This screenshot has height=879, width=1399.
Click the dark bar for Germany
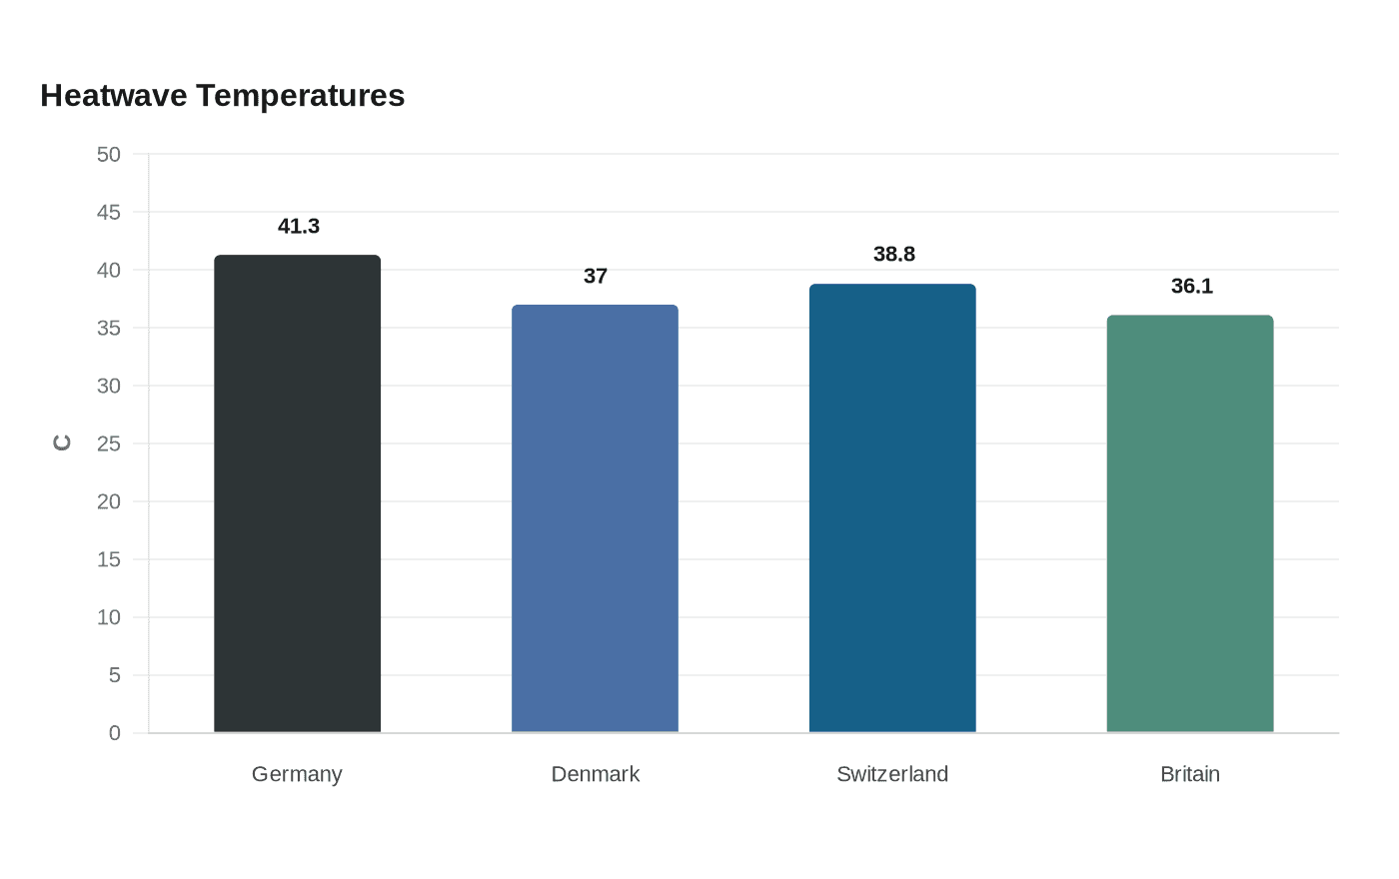coord(298,493)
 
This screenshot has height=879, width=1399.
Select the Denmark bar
coord(595,518)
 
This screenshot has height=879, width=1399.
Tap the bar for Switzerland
coord(892,508)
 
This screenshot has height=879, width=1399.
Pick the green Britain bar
coord(1190,523)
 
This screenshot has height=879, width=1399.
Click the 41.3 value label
coord(299,226)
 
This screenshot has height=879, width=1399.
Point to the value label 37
coord(596,276)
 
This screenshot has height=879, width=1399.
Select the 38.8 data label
coord(893,254)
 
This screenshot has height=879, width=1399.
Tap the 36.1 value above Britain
coord(1191,286)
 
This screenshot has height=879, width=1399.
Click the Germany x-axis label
coord(297,775)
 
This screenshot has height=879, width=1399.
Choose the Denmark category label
coord(596,774)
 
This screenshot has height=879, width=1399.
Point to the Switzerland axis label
coord(892,774)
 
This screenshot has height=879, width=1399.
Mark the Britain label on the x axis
coord(1190,774)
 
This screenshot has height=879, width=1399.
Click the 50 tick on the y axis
coord(109,154)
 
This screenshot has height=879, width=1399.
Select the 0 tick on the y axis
coord(114,733)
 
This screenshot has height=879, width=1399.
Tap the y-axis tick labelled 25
coord(109,443)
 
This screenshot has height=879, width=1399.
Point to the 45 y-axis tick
coord(109,212)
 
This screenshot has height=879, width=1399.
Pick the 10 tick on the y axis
coord(109,617)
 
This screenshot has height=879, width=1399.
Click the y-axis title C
coord(62,442)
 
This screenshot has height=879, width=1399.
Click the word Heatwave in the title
coord(114,96)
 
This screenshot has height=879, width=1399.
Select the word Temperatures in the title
coord(301,97)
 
